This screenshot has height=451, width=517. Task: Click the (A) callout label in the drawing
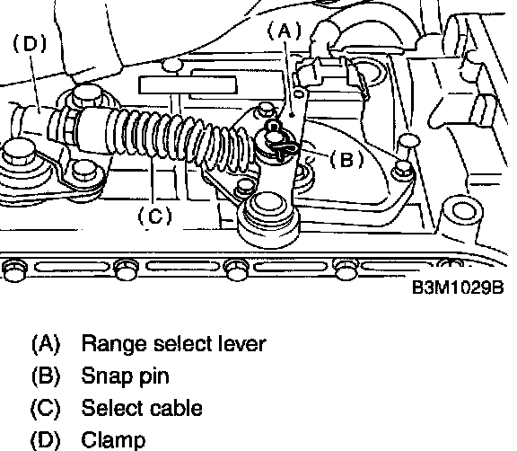285,31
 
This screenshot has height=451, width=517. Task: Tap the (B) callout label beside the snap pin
346,160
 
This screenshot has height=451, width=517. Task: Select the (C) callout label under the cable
154,217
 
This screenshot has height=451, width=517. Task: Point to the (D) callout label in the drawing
30,44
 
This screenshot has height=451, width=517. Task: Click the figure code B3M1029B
458,287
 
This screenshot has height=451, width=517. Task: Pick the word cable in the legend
176,408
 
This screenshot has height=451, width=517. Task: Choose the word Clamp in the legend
113,440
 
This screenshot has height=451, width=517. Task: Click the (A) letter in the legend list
46,344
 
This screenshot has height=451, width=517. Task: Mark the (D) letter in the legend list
46,440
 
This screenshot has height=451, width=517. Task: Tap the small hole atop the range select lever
298,94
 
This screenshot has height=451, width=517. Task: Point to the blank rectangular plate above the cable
188,85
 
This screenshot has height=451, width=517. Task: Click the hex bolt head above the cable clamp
86,95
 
